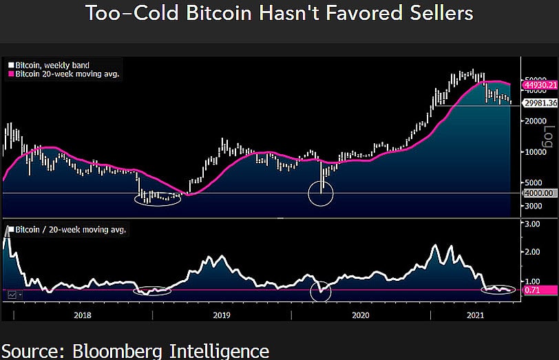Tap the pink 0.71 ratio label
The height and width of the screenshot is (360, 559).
pos(531,290)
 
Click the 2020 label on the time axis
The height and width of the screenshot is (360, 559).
pos(361,315)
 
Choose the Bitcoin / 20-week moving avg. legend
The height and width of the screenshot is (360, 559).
pos(69,229)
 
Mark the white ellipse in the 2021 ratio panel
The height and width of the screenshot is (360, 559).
pos(498,289)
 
